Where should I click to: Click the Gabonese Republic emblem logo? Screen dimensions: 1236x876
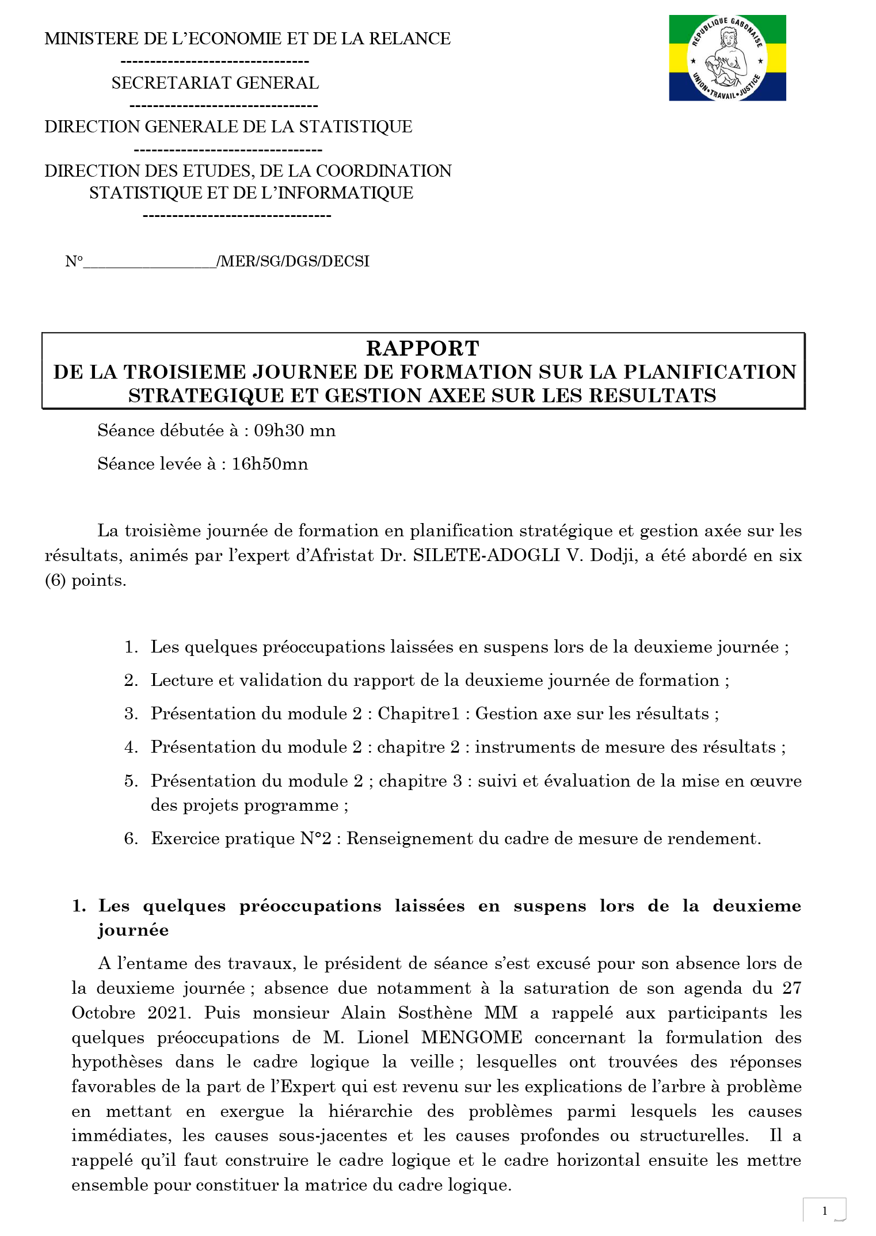(727, 58)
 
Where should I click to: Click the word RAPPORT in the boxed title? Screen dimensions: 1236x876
(422, 348)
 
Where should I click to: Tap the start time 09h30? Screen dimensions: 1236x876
(279, 430)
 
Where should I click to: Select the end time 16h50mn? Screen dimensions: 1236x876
(269, 464)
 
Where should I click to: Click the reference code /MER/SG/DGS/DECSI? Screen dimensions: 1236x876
(293, 261)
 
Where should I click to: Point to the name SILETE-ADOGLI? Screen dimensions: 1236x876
(486, 555)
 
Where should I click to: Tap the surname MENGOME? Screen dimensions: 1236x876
(471, 1037)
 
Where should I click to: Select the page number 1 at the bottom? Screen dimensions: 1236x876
(824, 1211)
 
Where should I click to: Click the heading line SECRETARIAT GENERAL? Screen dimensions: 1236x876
(215, 83)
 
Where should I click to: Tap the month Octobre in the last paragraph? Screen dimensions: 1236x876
(104, 1013)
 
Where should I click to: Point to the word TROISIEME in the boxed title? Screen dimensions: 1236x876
(185, 372)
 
